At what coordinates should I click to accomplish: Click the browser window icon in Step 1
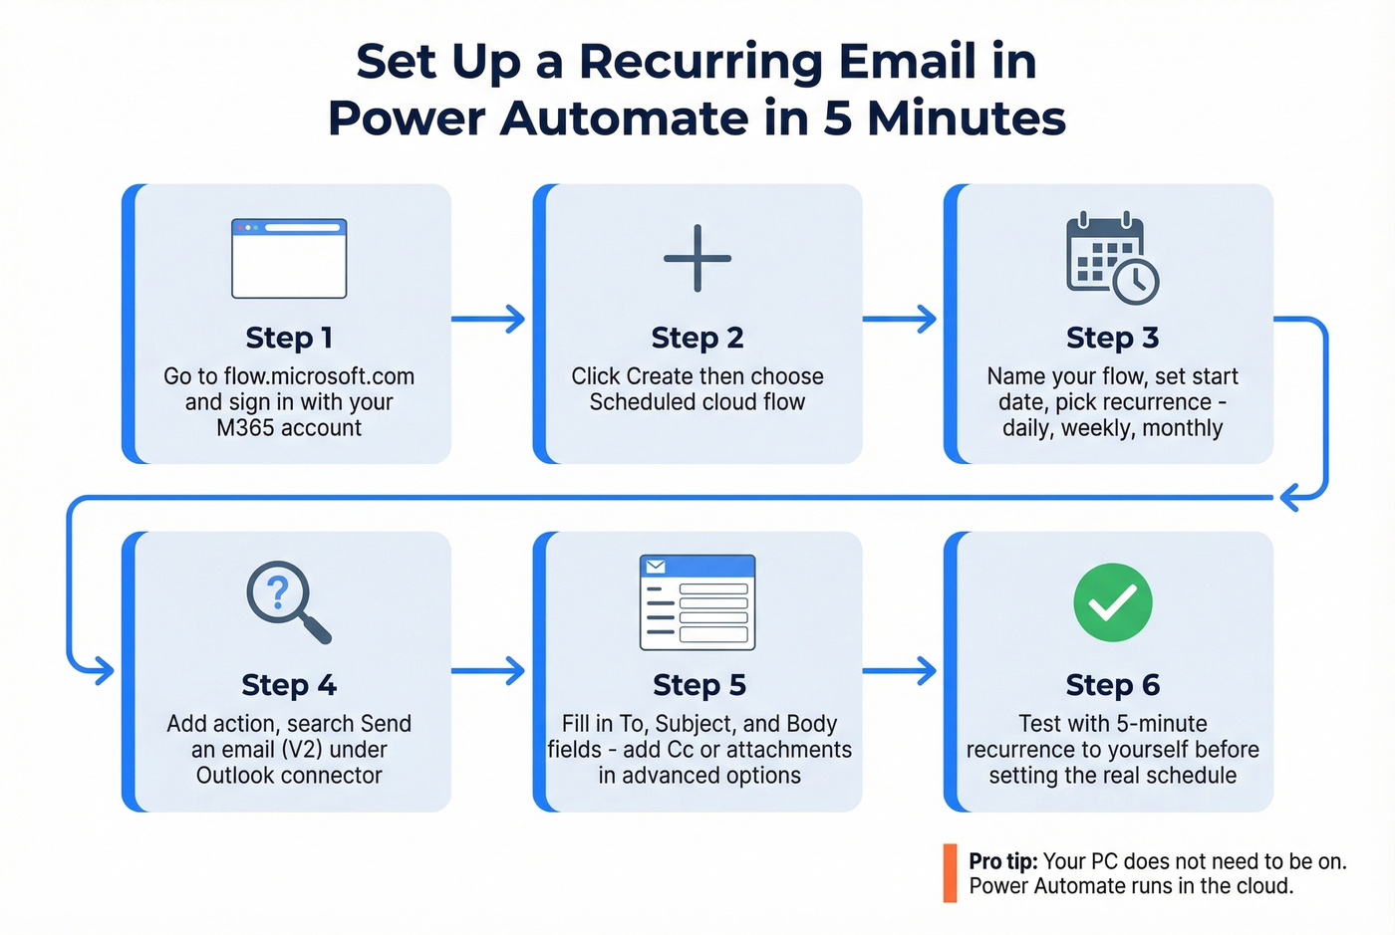[289, 259]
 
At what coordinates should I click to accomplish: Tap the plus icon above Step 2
[697, 259]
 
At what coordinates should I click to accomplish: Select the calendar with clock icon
[1112, 257]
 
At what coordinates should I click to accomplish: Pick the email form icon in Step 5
[697, 602]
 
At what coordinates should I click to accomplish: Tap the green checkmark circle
[1112, 602]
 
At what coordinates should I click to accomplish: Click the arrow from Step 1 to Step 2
[488, 320]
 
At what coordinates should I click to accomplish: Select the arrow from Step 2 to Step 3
[900, 320]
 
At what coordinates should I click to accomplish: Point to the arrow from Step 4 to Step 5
[488, 671]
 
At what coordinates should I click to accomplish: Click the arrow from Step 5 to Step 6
[900, 671]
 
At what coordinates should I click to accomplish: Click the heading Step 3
[1112, 338]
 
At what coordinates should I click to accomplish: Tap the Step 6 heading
[1112, 685]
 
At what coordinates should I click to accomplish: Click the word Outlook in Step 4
[236, 776]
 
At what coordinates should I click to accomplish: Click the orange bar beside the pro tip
[950, 873]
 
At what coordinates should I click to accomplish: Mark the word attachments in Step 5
[788, 750]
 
